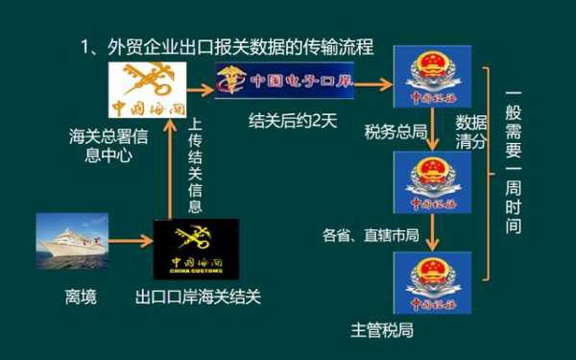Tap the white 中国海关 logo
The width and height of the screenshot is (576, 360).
(147, 90)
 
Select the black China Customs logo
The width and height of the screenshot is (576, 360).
(196, 248)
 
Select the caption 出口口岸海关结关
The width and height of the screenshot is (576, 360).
(198, 297)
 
